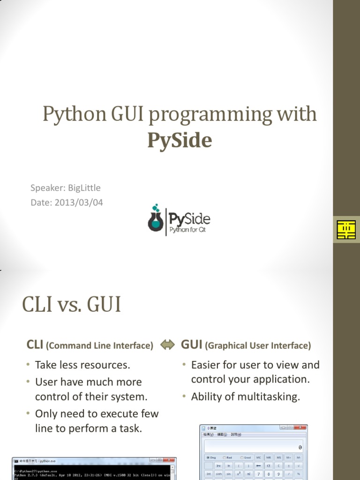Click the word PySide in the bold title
tap(180, 140)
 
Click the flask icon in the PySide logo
tap(155, 219)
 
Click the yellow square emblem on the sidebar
tap(346, 230)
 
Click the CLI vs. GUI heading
tap(72, 305)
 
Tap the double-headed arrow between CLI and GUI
tap(167, 345)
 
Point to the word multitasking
tap(269, 397)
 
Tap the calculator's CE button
tap(269, 465)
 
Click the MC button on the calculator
tap(258, 457)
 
